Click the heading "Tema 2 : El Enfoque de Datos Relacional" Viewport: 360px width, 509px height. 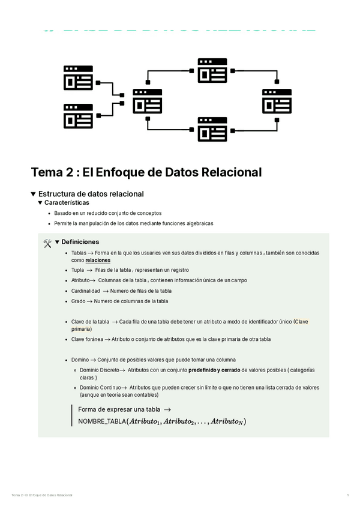pyautogui.click(x=146, y=172)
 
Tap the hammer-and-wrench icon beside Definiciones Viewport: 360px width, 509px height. pyautogui.click(x=48, y=242)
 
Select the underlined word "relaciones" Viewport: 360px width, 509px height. pyautogui.click(x=98, y=261)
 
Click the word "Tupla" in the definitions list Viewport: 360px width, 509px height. pyautogui.click(x=77, y=270)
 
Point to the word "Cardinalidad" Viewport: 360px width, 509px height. pyautogui.click(x=85, y=291)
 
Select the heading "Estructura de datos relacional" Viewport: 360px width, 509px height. pyautogui.click(x=91, y=194)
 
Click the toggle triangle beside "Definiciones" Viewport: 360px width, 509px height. pyautogui.click(x=58, y=242)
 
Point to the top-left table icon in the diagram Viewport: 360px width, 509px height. pyautogui.click(x=78, y=78)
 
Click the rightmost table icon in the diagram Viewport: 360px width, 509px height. pyautogui.click(x=277, y=101)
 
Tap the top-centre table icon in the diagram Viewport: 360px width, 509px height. pyautogui.click(x=212, y=70)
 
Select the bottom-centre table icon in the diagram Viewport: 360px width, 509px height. pyautogui.click(x=212, y=128)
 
